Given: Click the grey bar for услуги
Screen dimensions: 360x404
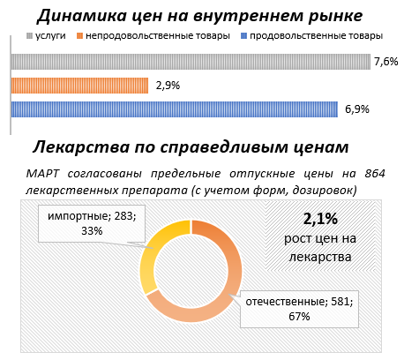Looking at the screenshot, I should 190,62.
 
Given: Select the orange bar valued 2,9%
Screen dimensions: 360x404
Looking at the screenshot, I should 79,86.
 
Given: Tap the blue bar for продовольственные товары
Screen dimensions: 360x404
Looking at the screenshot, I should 174,109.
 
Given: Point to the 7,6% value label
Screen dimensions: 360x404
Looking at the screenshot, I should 386,62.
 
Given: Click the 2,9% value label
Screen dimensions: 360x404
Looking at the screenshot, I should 168,86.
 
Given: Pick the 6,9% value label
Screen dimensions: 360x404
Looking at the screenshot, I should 355,109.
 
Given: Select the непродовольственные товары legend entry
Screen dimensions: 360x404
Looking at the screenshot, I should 152,36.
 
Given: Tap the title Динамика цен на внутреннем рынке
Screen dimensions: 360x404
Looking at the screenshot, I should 202,14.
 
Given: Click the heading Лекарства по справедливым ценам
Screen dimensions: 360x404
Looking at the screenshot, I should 191,146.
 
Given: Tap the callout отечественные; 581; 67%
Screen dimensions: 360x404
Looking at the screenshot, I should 300,309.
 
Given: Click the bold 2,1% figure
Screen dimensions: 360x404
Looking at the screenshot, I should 321,219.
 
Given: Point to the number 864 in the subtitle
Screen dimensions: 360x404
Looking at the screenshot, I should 384,171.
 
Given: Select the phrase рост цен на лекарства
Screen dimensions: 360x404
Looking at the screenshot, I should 321,247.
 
